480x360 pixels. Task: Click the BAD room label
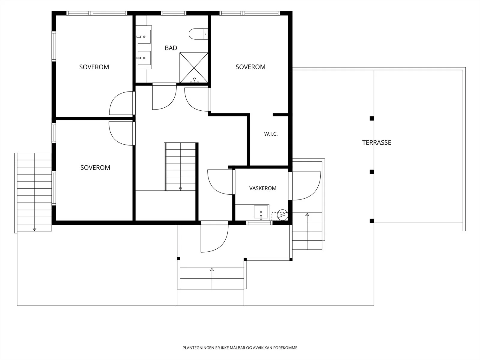click(x=171, y=48)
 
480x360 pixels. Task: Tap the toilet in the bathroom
click(x=198, y=34)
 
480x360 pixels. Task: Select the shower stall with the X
click(x=194, y=68)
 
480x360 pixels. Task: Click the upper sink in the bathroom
click(x=144, y=37)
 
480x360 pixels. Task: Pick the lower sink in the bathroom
click(x=144, y=58)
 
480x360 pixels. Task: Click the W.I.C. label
click(x=271, y=134)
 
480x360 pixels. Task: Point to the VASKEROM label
click(x=262, y=188)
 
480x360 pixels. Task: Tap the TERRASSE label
click(x=376, y=142)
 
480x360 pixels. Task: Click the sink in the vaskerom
click(x=261, y=212)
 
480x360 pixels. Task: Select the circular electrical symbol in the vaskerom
click(x=282, y=215)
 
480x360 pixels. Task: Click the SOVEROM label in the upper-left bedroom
click(x=94, y=67)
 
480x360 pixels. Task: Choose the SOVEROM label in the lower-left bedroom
click(x=95, y=167)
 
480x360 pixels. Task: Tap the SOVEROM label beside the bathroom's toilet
click(x=250, y=67)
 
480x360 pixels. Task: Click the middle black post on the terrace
click(x=372, y=172)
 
